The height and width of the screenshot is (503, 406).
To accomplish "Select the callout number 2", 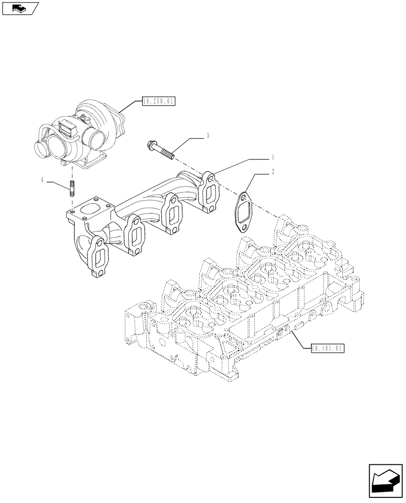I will coord(273,172).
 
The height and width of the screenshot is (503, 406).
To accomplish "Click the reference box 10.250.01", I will coord(158,102).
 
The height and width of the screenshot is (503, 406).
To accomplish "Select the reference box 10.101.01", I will coord(327,347).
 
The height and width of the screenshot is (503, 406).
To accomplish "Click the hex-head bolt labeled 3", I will coord(161,150).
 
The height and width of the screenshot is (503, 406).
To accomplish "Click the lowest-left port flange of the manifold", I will coord(99,257).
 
